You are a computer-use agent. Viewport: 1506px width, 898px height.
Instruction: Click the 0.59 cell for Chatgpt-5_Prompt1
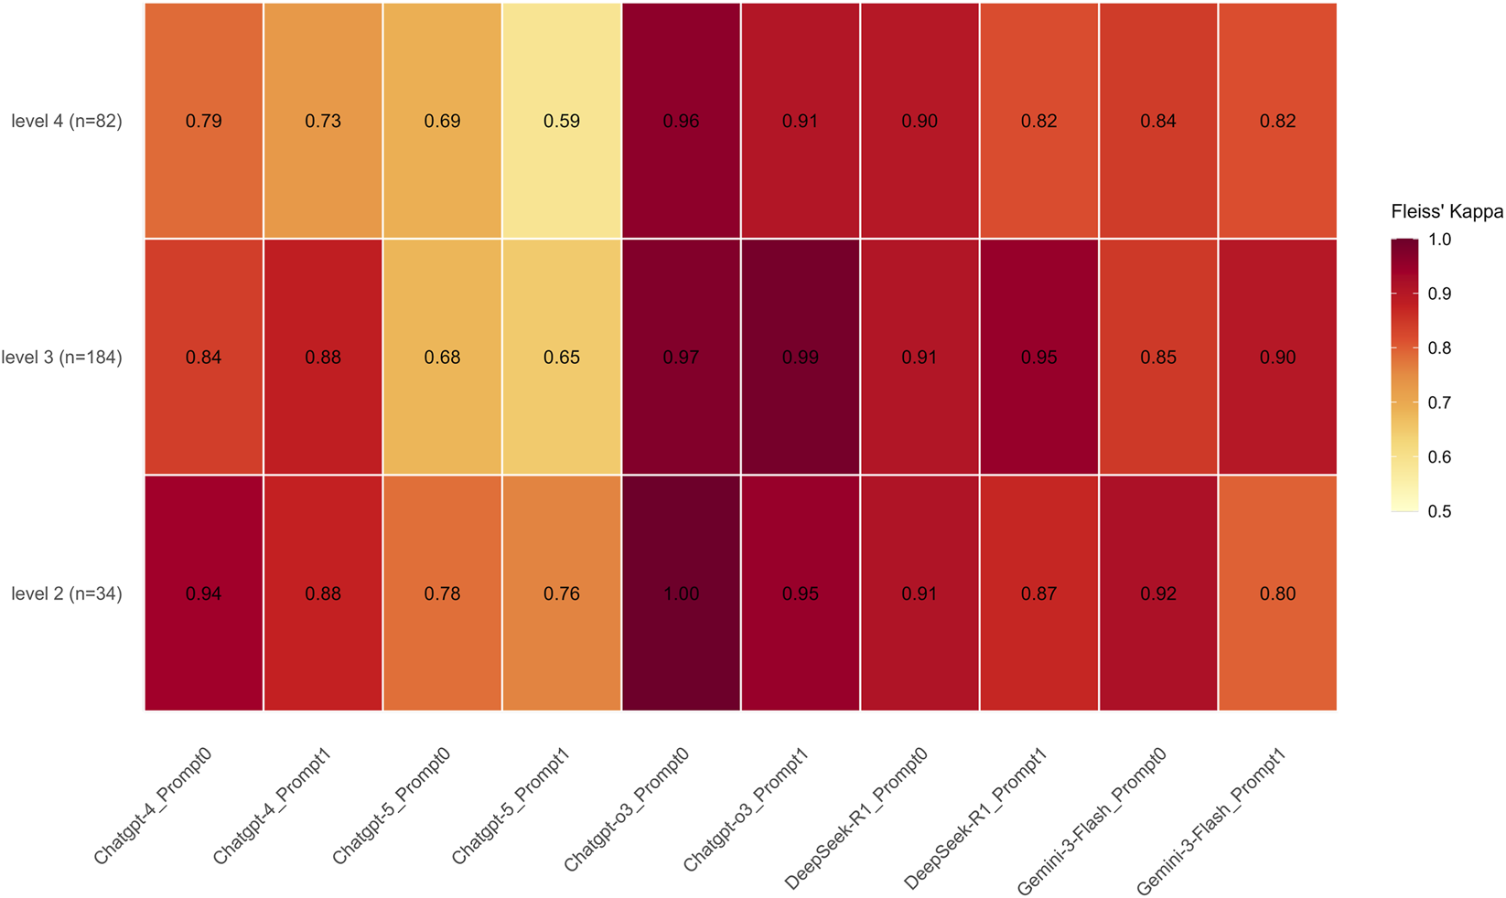point(562,121)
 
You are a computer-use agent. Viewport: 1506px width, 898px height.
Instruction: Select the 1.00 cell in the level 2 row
point(681,593)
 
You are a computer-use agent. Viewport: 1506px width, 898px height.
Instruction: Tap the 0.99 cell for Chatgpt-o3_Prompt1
point(801,358)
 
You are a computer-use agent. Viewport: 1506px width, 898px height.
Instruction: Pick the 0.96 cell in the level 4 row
point(681,121)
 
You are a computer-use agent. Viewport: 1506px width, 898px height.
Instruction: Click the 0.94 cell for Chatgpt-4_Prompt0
point(203,593)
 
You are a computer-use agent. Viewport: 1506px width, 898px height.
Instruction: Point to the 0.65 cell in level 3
point(562,358)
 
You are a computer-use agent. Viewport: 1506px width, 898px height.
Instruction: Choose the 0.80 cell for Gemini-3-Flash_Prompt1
point(1277,593)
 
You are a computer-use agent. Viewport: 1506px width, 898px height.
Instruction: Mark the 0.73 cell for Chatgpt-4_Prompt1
point(323,121)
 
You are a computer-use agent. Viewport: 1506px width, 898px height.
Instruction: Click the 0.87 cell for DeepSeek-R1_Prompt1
point(1038,593)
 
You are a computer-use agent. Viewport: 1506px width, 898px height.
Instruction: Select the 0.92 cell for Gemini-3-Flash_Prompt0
point(1158,593)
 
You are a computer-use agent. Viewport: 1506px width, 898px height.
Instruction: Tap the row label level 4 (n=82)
point(66,121)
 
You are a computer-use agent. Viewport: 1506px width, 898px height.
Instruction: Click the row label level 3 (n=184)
point(61,358)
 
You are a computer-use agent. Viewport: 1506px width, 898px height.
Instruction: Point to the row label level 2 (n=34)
point(66,593)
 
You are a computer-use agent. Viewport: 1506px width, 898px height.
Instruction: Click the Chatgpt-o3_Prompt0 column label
point(627,809)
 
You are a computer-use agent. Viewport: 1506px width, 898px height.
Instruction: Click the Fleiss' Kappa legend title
point(1447,212)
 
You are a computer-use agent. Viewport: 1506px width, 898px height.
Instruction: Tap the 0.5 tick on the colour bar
point(1439,511)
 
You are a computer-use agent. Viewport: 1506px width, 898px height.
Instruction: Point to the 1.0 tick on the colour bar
point(1439,240)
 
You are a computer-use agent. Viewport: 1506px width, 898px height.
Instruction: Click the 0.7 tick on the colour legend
point(1439,402)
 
